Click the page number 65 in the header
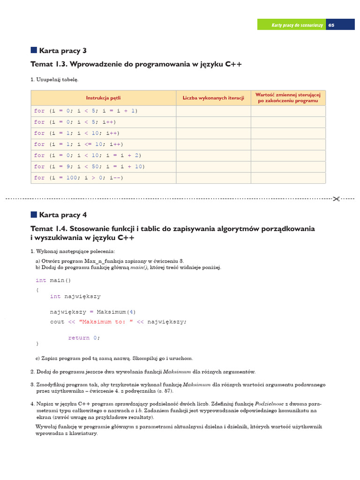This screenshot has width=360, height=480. click(x=331, y=25)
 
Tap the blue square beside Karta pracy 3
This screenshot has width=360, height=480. click(x=34, y=50)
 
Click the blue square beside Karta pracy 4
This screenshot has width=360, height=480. click(x=34, y=215)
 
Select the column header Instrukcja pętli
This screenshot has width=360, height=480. click(x=103, y=98)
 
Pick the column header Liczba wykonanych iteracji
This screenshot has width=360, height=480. click(x=213, y=98)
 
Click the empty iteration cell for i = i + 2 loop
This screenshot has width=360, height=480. click(x=213, y=155)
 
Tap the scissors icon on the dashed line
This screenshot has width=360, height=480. click(x=336, y=199)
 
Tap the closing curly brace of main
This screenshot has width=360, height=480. click(x=37, y=344)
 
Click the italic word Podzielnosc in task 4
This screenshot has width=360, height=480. click(x=270, y=403)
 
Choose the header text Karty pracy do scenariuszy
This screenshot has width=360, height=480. click(x=297, y=25)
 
